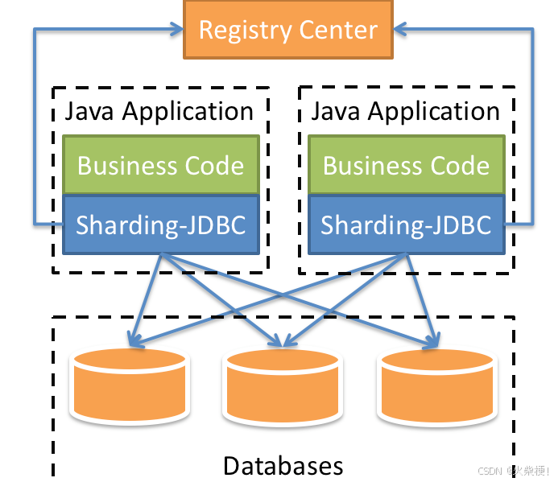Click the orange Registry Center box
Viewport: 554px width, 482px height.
tap(287, 30)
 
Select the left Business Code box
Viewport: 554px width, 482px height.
tap(160, 166)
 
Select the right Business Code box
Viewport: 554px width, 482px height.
tap(406, 166)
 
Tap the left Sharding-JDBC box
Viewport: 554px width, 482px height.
tap(160, 225)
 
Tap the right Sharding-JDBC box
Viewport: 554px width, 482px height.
tap(406, 225)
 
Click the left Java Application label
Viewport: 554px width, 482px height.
tap(159, 111)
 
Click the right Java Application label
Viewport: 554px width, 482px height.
tap(405, 111)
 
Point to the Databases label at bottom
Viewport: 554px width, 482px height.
tap(283, 465)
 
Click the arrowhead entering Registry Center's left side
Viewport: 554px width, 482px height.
tap(176, 30)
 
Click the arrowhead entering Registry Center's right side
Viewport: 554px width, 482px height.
tap(400, 30)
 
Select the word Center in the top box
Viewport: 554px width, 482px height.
tap(337, 31)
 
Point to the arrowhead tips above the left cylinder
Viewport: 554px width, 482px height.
tap(133, 342)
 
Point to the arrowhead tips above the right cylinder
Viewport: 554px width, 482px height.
tap(432, 344)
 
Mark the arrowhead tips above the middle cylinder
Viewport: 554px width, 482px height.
tap(282, 344)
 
